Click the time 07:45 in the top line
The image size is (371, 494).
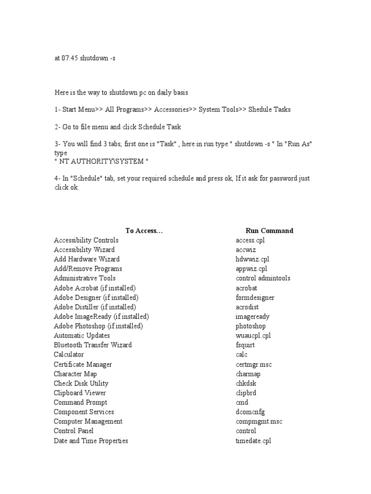(70, 58)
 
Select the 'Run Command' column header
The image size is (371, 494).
(269, 231)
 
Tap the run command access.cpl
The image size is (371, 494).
(250, 240)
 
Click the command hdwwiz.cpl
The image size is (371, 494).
(252, 259)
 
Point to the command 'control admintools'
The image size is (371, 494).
(263, 278)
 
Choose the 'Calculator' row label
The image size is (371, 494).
(69, 355)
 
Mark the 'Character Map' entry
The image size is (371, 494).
(75, 374)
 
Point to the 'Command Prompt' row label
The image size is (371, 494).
(80, 402)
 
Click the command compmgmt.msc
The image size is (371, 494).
(259, 422)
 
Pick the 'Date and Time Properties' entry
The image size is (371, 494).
(91, 440)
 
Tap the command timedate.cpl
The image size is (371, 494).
(253, 440)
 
